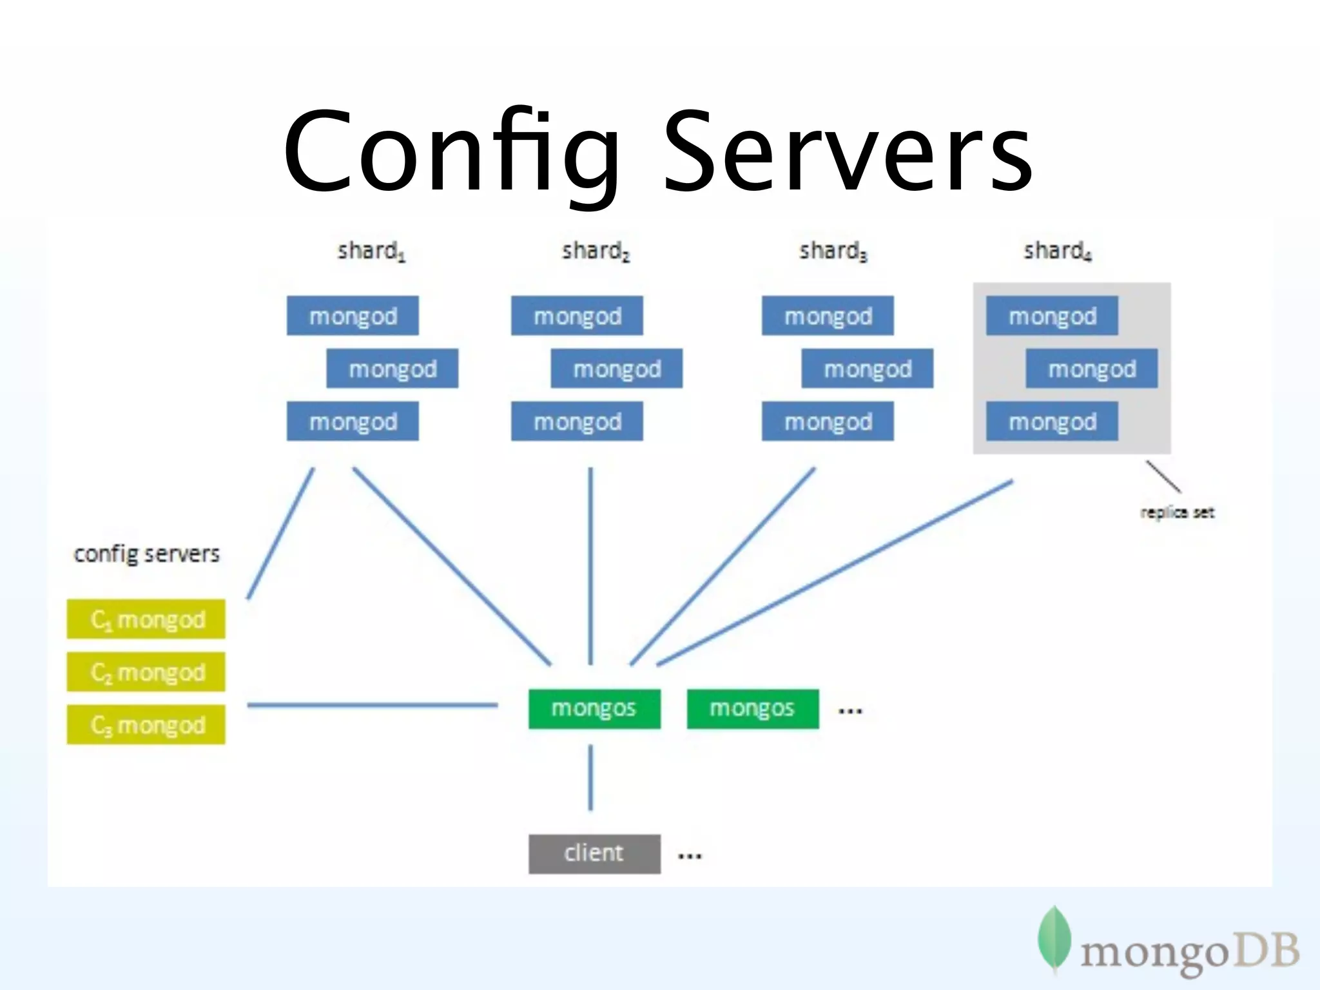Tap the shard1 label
(371, 251)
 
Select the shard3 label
(833, 251)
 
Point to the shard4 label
(1057, 251)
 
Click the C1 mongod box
(146, 619)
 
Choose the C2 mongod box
(146, 672)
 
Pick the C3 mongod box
(146, 725)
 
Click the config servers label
(146, 554)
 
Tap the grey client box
(594, 853)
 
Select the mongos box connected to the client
(594, 708)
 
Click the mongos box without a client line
(753, 708)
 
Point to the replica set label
(1177, 512)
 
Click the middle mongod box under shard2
(616, 369)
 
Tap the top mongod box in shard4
(1052, 316)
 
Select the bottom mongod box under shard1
(353, 422)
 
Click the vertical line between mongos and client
(590, 778)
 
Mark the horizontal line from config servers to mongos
(373, 705)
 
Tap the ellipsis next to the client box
(689, 856)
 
